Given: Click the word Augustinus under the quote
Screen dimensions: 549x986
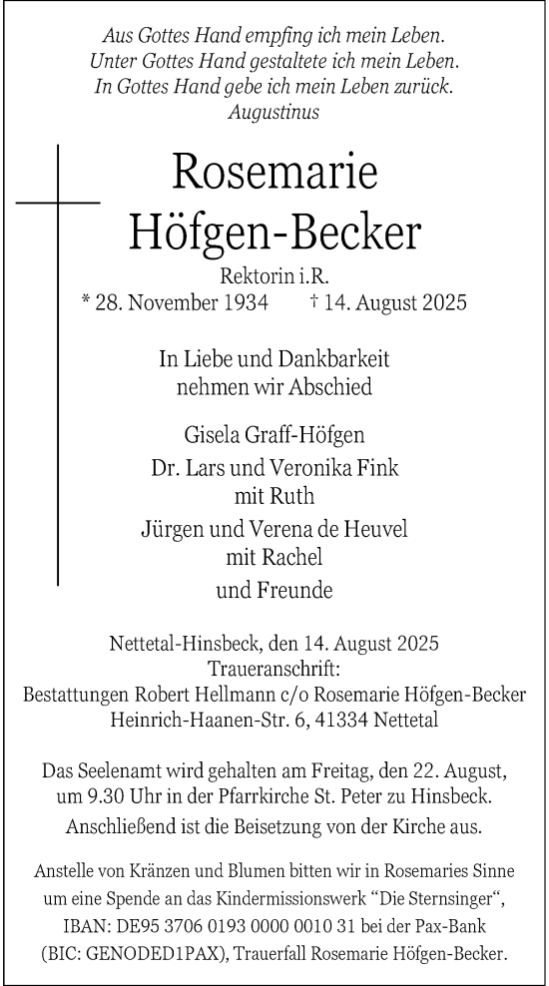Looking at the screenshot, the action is (274, 113).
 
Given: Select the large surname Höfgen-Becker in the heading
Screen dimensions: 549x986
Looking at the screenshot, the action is (274, 233).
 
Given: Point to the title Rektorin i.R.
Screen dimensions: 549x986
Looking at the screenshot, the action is (274, 274).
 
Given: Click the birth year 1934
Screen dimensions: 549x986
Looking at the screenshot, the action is (246, 301).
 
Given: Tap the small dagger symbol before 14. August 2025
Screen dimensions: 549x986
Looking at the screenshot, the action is (315, 299).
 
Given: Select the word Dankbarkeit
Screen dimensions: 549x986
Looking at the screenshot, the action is (334, 356).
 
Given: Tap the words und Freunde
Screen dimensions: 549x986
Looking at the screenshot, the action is (274, 590).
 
